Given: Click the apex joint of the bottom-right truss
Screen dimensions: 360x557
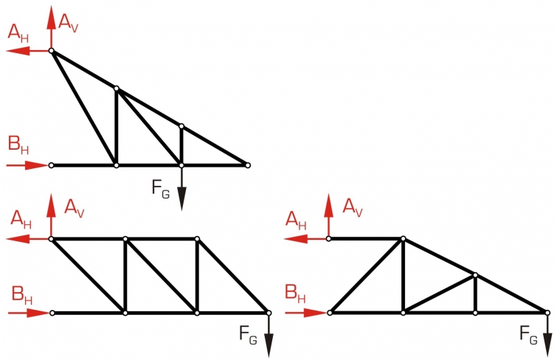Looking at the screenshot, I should pos(403,238).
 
